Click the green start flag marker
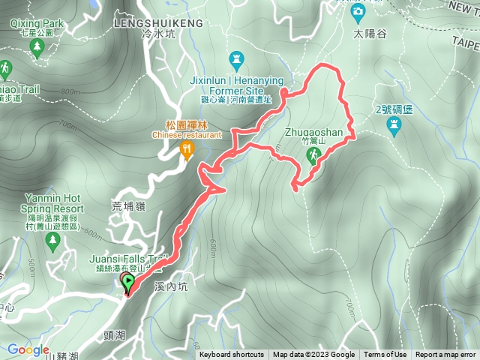click(128, 283)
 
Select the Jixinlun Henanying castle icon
click(238, 57)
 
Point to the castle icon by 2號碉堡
click(394, 129)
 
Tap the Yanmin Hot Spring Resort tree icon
click(52, 241)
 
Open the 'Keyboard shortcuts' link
click(231, 355)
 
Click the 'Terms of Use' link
click(385, 355)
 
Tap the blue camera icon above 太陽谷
click(358, 12)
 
